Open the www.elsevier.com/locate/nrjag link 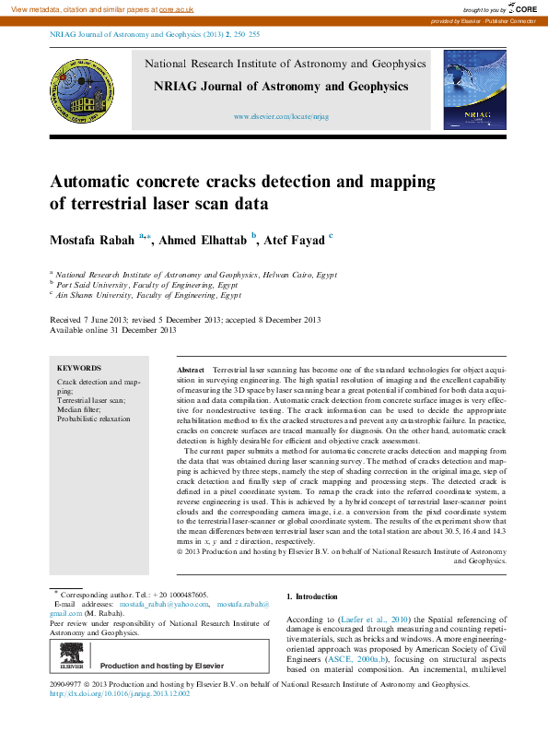click(x=281, y=118)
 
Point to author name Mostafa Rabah click(x=91, y=241)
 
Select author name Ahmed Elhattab click(x=203, y=241)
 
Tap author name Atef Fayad click(x=295, y=241)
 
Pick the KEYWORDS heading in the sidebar click(x=79, y=368)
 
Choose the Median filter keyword click(x=82, y=409)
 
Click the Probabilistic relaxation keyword click(x=94, y=419)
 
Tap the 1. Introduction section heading click(x=312, y=597)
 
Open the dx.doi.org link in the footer click(x=119, y=693)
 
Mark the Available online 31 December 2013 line click(x=112, y=329)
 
